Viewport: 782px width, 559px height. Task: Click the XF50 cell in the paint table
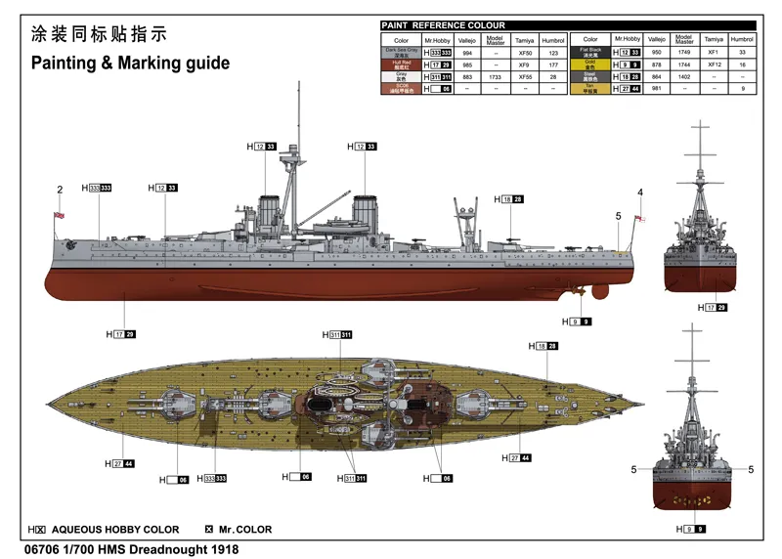pyautogui.click(x=526, y=52)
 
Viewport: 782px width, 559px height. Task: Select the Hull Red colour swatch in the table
pyautogui.click(x=401, y=64)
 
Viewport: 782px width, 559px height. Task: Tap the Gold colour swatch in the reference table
pyautogui.click(x=590, y=64)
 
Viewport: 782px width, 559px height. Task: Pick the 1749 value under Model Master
pyautogui.click(x=684, y=52)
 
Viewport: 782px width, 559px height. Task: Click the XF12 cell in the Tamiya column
pyautogui.click(x=715, y=64)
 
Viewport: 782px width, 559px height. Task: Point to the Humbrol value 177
pyautogui.click(x=553, y=64)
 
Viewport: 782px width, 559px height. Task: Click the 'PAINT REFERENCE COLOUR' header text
pyautogui.click(x=445, y=24)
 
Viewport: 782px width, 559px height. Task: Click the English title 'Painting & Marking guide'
pyautogui.click(x=130, y=64)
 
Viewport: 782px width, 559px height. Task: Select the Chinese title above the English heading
pyautogui.click(x=99, y=33)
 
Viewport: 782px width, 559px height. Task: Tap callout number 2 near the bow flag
pyautogui.click(x=60, y=190)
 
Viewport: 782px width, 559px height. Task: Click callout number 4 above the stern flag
pyautogui.click(x=640, y=192)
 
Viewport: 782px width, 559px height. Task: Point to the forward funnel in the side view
pyautogui.click(x=269, y=212)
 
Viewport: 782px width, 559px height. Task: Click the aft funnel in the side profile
pyautogui.click(x=365, y=212)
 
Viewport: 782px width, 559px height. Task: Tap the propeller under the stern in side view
pyautogui.click(x=577, y=290)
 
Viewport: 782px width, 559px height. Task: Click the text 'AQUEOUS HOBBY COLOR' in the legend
pyautogui.click(x=114, y=530)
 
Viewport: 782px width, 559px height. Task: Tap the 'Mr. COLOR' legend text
pyautogui.click(x=246, y=530)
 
